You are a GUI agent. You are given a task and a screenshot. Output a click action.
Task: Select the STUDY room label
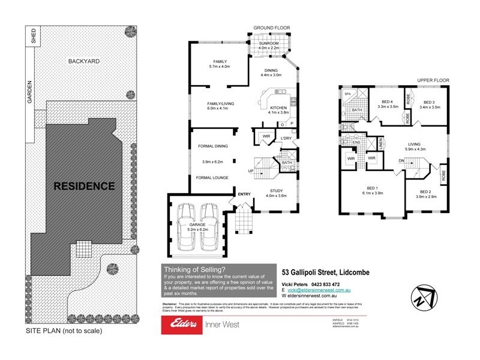275,190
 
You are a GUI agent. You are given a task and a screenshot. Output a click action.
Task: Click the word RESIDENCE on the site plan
85,186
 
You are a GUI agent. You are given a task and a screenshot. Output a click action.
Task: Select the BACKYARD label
83,61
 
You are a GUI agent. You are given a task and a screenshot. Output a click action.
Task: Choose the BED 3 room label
431,102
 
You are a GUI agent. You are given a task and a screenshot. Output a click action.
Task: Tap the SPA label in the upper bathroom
347,94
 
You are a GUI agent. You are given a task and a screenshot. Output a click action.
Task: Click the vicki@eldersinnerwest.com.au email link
322,290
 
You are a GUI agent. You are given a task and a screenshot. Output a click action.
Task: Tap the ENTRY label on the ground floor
244,194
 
